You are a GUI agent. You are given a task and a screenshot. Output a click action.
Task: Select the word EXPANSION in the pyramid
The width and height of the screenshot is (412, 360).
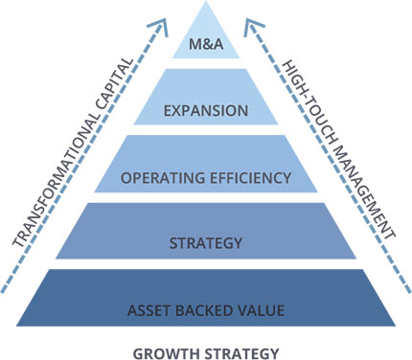tap(206, 111)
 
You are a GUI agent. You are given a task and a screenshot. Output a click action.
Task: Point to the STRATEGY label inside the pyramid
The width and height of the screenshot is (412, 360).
tap(206, 243)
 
